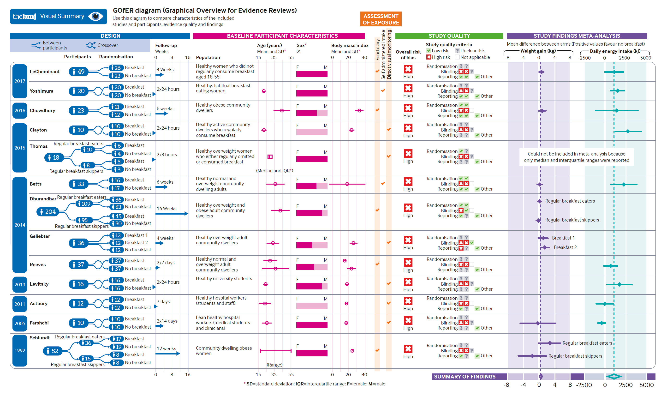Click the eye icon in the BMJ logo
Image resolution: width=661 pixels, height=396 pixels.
tap(95, 17)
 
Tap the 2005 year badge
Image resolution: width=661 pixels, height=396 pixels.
tap(20, 324)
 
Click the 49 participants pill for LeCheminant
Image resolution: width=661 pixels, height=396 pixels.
tap(78, 72)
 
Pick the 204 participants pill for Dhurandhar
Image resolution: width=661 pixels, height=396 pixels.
tap(48, 212)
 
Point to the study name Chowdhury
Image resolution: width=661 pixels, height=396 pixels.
tap(42, 110)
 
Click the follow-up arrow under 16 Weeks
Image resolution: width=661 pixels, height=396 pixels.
tap(172, 213)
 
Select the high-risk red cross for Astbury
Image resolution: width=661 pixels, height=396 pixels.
tap(408, 301)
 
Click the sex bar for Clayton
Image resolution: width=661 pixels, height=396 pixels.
tap(312, 132)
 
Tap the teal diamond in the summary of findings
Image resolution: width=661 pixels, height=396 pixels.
tap(613, 377)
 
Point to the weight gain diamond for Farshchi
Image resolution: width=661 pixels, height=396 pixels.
tap(538, 323)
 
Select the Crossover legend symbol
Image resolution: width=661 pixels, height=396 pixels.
tap(91, 45)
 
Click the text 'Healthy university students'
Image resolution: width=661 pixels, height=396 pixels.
tap(224, 279)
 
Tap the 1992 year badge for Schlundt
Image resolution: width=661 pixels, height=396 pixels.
tap(20, 350)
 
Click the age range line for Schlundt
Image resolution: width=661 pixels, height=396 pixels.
tap(275, 351)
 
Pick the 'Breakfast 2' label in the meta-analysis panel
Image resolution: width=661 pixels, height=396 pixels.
tap(565, 247)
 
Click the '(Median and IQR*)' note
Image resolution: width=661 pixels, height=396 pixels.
tap(274, 170)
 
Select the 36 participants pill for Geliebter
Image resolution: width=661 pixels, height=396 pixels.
tap(78, 243)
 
